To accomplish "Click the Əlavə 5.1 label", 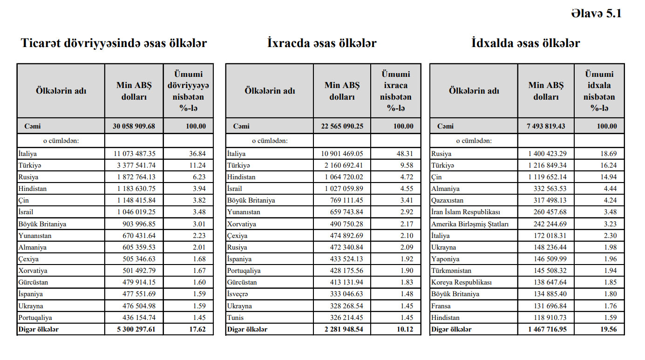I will [x=596, y=14].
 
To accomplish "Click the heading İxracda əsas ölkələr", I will [x=322, y=43].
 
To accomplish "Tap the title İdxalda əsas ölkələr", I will [x=525, y=43].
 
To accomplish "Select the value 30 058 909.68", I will [x=134, y=126].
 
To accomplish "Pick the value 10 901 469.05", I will [x=342, y=154].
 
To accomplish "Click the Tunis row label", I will [x=235, y=318].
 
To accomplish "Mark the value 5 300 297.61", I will [x=134, y=329].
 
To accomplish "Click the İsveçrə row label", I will [x=238, y=294].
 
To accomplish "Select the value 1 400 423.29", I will [x=547, y=154].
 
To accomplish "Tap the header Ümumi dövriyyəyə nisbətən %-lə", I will [x=188, y=91].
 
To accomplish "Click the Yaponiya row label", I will [x=445, y=259].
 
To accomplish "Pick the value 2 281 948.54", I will [x=342, y=329].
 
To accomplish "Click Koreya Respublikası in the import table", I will [x=461, y=283].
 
